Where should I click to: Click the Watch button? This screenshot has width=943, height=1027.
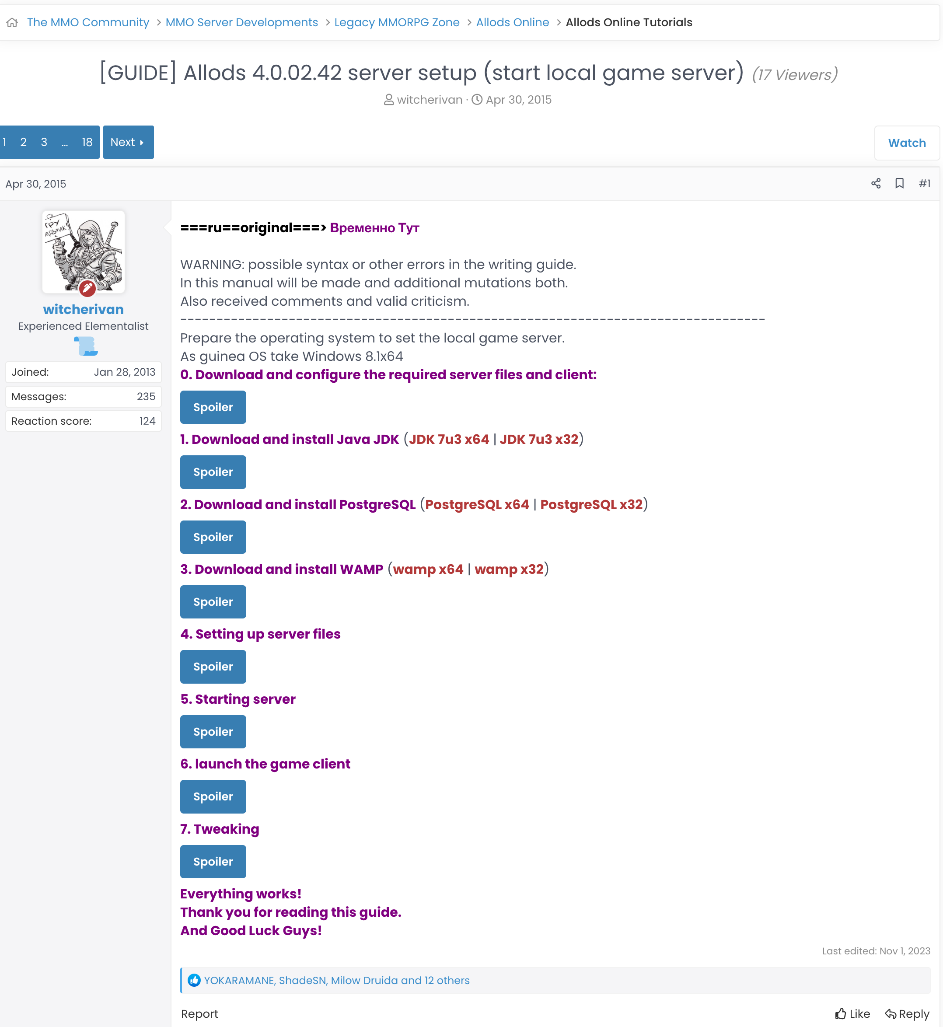pyautogui.click(x=906, y=143)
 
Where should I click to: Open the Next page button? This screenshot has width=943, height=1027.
pyautogui.click(x=128, y=142)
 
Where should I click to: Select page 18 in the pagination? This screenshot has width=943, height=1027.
pyautogui.click(x=87, y=142)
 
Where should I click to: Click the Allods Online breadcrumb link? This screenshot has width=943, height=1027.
pyautogui.click(x=512, y=22)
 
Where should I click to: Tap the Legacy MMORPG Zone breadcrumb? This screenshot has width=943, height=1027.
pyautogui.click(x=396, y=22)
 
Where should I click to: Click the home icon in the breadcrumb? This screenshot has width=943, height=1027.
pyautogui.click(x=12, y=22)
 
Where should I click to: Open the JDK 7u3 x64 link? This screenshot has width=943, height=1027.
pyautogui.click(x=449, y=439)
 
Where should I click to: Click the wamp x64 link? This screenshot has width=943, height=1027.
pyautogui.click(x=428, y=569)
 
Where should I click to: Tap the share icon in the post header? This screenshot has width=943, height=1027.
pyautogui.click(x=876, y=184)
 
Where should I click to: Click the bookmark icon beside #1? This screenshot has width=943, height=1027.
pyautogui.click(x=899, y=184)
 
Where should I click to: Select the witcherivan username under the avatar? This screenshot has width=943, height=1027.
pyautogui.click(x=83, y=309)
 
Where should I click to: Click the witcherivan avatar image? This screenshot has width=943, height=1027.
pyautogui.click(x=83, y=252)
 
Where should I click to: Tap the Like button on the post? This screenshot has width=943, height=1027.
pyautogui.click(x=852, y=1014)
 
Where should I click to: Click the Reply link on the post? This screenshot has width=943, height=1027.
pyautogui.click(x=907, y=1014)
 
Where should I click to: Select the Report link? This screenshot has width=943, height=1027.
pyautogui.click(x=199, y=1014)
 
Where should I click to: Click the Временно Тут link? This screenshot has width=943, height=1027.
pyautogui.click(x=374, y=227)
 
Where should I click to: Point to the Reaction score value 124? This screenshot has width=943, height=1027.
pyautogui.click(x=147, y=421)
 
